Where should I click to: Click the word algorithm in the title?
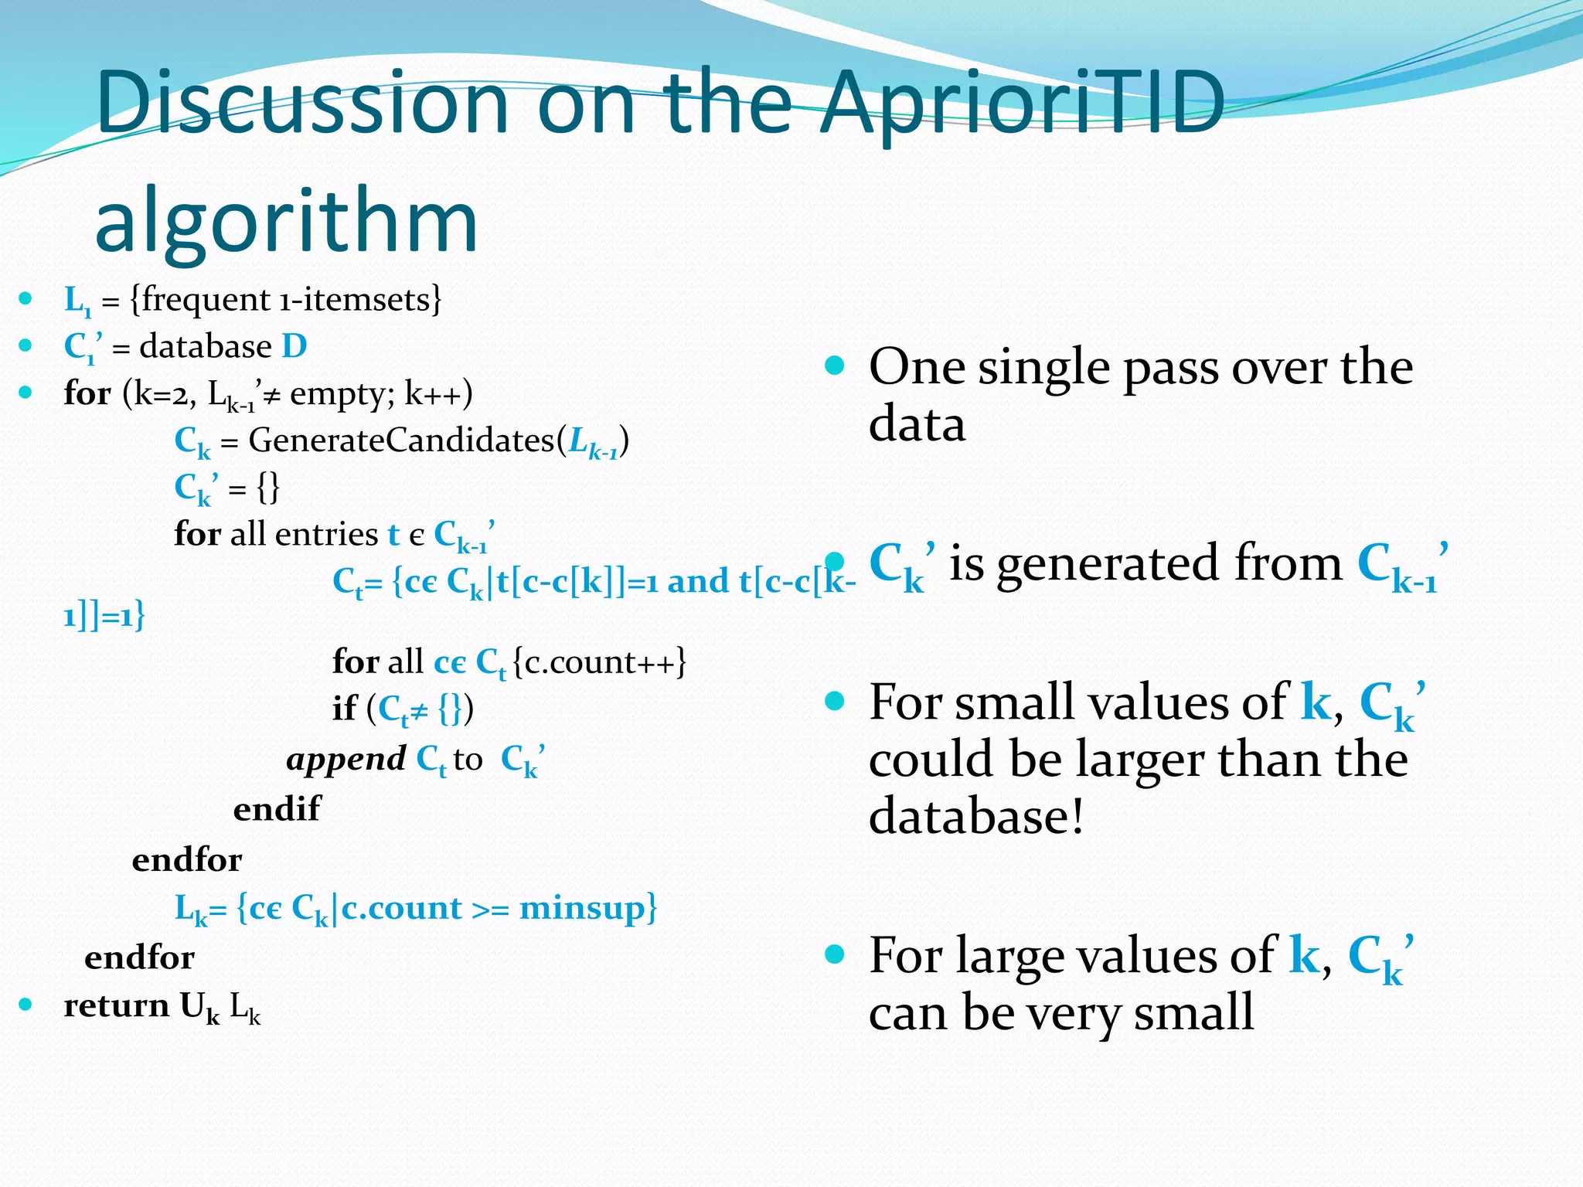tap(286, 220)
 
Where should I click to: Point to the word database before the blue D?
tap(206, 346)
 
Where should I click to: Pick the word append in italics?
tap(346, 760)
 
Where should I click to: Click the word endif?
tap(277, 808)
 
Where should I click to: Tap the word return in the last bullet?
tap(116, 1005)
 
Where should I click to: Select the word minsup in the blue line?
tap(582, 907)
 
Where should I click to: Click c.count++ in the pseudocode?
tap(600, 662)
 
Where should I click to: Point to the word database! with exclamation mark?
tap(976, 816)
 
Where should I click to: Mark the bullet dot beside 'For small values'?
tap(834, 702)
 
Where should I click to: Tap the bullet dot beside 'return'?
tap(26, 1005)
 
